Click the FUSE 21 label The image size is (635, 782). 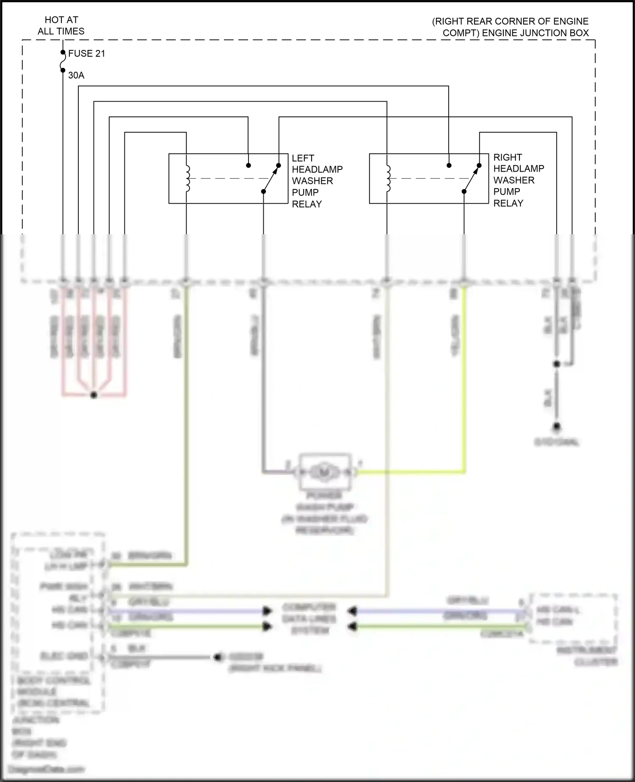(86, 53)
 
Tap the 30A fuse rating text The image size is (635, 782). (76, 75)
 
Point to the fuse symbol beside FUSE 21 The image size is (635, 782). (63, 61)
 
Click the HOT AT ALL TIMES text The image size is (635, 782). (61, 25)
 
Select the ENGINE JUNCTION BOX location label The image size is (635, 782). (510, 27)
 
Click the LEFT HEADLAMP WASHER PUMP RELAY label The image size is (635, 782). (317, 181)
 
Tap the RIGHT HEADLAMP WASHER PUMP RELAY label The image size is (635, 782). (518, 180)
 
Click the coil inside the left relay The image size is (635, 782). (187, 178)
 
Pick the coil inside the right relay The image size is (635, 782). (388, 178)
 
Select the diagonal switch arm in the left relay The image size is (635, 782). (271, 178)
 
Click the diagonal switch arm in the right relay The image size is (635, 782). (472, 178)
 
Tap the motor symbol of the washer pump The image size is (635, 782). (325, 471)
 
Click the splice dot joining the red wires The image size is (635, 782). (94, 395)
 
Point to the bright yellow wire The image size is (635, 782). (464, 381)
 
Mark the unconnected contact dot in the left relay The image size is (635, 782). (248, 165)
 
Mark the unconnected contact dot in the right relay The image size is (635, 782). (449, 165)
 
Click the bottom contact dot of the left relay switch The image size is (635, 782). (263, 191)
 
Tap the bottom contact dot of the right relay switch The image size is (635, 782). (464, 191)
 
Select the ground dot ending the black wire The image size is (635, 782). (557, 426)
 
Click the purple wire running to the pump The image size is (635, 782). (263, 381)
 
